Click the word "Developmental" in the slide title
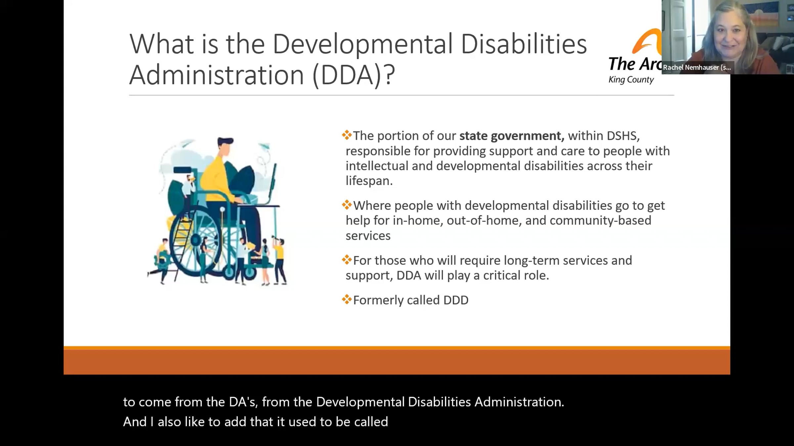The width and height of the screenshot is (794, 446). pyautogui.click(x=362, y=44)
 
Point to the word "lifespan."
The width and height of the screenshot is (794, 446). pyautogui.click(x=369, y=181)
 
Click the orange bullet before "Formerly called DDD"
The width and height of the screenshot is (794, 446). pyautogui.click(x=347, y=300)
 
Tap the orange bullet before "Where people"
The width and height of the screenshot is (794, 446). pyautogui.click(x=347, y=205)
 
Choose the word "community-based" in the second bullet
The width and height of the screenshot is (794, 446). pyautogui.click(x=600, y=220)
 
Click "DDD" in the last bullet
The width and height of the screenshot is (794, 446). pyautogui.click(x=456, y=300)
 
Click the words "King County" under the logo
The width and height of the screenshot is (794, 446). pyautogui.click(x=631, y=80)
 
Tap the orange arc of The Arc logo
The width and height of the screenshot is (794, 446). pyautogui.click(x=647, y=41)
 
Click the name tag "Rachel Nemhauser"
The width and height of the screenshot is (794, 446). pyautogui.click(x=697, y=67)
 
